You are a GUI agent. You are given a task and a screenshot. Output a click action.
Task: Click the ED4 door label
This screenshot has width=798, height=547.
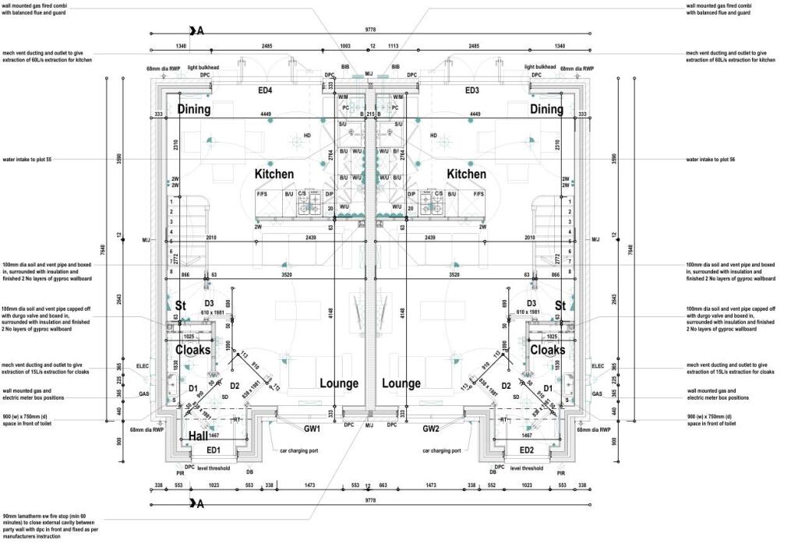click(265, 91)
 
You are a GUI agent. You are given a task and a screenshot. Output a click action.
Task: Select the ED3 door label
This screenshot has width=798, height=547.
click(472, 91)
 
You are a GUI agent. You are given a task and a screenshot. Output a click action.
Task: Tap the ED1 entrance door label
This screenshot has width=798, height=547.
click(214, 450)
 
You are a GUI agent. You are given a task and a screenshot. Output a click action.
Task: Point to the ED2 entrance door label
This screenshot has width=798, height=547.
click(526, 450)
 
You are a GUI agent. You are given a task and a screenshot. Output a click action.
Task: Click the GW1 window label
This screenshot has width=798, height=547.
click(312, 429)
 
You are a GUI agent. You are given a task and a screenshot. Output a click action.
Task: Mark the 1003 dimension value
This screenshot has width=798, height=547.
click(344, 46)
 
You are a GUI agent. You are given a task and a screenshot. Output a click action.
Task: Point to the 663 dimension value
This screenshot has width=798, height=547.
click(383, 485)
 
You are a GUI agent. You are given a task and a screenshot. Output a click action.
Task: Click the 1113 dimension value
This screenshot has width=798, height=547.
click(393, 46)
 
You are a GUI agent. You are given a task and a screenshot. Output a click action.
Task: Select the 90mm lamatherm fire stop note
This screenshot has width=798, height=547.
click(51, 526)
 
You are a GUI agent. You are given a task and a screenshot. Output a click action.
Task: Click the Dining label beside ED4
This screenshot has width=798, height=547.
click(193, 109)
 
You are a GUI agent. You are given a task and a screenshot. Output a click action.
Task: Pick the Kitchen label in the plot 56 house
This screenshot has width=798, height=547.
click(466, 175)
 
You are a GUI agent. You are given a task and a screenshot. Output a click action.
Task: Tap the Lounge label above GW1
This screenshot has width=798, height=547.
click(338, 383)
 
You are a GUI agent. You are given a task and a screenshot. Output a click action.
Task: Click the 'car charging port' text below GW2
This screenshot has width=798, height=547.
click(440, 450)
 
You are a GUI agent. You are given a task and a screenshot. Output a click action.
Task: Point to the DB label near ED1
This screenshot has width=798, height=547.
click(249, 471)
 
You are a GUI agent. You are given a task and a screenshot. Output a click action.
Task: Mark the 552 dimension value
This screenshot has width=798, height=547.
click(492, 485)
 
